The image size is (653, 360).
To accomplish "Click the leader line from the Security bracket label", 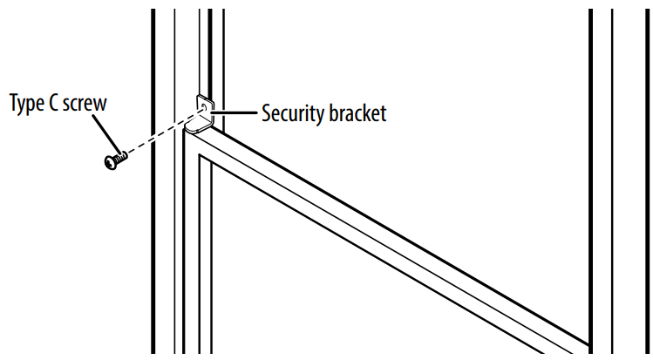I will [235, 112].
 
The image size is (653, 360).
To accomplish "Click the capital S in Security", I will [266, 113].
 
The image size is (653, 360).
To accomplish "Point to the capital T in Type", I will [14, 103].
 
